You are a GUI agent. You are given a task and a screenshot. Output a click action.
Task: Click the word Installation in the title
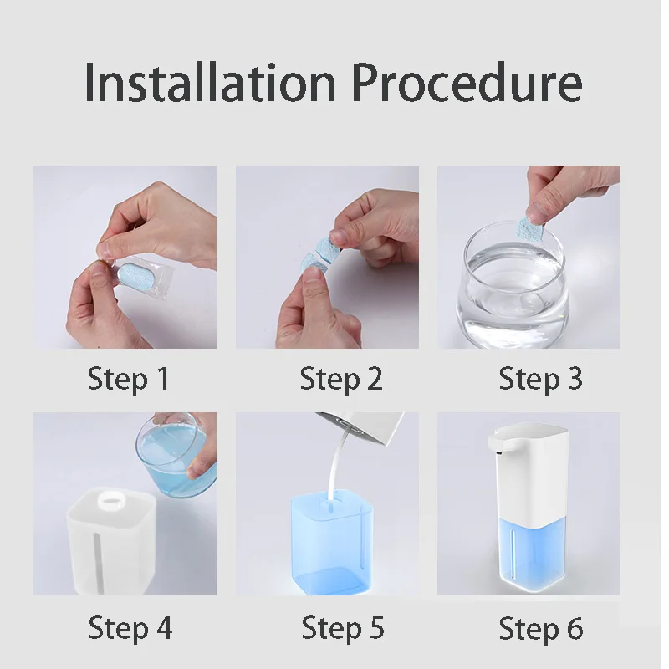pos(211,82)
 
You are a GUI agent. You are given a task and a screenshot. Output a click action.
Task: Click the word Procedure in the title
pos(466,84)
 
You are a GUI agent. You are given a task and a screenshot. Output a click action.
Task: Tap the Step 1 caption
pos(128,379)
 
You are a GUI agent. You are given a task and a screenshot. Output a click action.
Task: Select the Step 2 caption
pos(341,379)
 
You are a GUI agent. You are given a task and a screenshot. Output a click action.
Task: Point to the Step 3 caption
pos(540,379)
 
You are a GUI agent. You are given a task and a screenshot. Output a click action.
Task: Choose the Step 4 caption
pos(130,627)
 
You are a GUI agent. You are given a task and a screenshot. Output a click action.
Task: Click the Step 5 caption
pos(343,627)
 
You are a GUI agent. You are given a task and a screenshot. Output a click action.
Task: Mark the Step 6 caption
pos(541,627)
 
